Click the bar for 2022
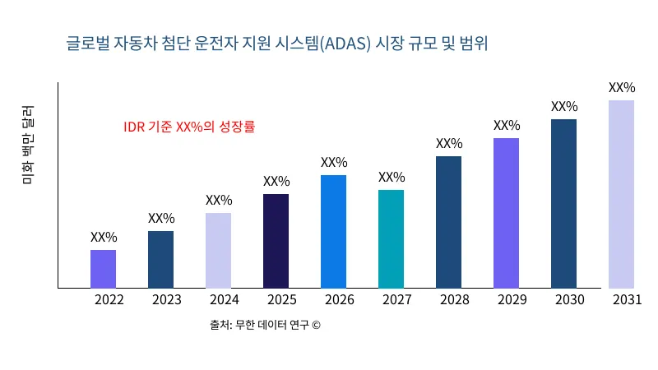104,269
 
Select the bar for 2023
161,260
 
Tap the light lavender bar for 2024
219,251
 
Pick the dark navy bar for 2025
276,241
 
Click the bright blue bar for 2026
334,232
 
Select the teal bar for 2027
392,239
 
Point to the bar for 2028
449,222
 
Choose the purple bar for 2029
507,213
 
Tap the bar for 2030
564,204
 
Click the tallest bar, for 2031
622,194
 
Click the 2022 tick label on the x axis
109,300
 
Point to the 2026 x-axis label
340,300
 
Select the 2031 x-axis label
628,300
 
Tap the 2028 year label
455,300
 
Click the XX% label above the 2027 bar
392,177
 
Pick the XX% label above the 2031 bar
622,87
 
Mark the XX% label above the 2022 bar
104,237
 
